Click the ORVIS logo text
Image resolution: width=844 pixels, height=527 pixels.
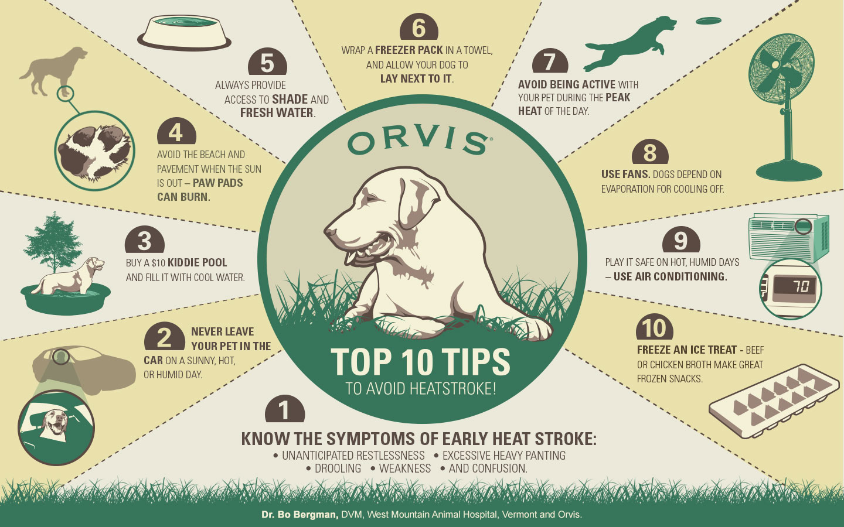click(x=420, y=142)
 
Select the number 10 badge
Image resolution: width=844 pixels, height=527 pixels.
click(x=655, y=327)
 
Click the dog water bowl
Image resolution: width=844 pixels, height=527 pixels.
click(x=184, y=33)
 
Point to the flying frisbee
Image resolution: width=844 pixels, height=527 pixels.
click(x=709, y=20)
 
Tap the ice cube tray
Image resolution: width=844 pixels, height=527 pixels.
click(x=774, y=401)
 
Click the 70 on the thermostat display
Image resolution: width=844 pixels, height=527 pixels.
click(x=801, y=287)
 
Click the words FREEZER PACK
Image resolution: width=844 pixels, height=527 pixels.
click(x=409, y=50)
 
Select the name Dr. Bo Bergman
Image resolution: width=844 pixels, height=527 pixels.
click(x=300, y=515)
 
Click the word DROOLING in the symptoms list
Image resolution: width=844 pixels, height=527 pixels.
click(x=338, y=468)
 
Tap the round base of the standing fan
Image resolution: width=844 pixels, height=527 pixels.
click(x=789, y=171)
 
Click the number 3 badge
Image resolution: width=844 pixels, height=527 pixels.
click(x=145, y=240)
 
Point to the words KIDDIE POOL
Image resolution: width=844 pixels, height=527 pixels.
click(x=197, y=262)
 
